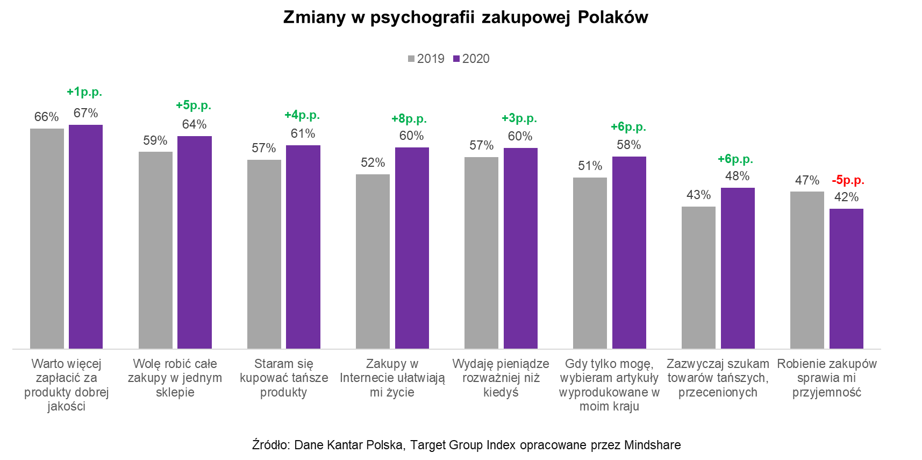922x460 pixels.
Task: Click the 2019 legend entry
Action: coord(426,59)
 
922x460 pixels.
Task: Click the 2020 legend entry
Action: coord(471,59)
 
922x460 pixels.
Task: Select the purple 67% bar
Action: coord(85,237)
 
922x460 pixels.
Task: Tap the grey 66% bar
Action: coord(47,238)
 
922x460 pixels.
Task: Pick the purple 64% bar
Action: coord(195,242)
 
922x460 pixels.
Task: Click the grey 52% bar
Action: coord(373,261)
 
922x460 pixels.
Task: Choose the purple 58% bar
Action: coord(629,252)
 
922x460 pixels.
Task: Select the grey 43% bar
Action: coord(698,278)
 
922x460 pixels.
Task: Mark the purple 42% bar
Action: coord(846,279)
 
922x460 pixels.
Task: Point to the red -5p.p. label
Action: coord(848,180)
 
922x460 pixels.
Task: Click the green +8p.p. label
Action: coord(409,119)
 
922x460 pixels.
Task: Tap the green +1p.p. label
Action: coord(84,92)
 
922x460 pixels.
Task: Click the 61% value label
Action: coord(303,133)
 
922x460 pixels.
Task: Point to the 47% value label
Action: coord(807,180)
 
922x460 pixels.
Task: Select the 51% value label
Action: coord(590,166)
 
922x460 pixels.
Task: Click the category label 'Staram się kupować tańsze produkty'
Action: coord(284,378)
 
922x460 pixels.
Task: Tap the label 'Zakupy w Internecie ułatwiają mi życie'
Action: coord(392,378)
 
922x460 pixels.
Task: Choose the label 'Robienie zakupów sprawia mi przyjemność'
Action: coord(827,378)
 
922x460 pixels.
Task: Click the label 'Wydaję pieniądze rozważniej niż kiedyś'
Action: coord(501,378)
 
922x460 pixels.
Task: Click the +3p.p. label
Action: coord(519,118)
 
